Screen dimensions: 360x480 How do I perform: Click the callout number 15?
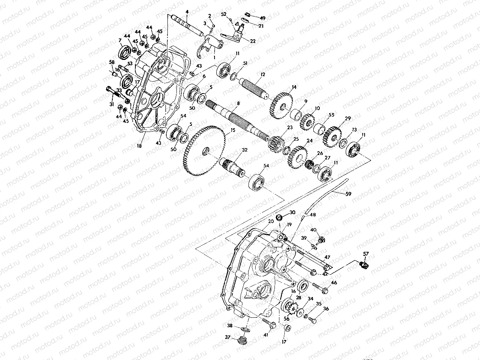coord(233,130)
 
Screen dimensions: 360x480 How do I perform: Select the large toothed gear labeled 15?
coord(204,151)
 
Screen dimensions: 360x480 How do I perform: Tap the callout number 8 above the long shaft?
coord(238,103)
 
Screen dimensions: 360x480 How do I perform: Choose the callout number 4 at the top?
coord(187,11)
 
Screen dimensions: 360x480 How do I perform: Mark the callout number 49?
coord(263,18)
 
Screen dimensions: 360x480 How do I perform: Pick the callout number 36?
coord(326,309)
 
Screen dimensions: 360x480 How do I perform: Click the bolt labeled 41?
coord(268,323)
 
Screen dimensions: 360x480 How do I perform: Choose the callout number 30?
coord(292,213)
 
